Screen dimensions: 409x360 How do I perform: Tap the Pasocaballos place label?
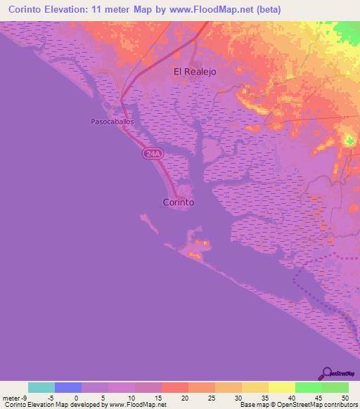point(111,121)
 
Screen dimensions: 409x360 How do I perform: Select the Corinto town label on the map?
point(178,202)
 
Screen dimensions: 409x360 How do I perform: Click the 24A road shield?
point(152,153)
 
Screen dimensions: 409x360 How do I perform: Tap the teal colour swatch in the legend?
point(41,387)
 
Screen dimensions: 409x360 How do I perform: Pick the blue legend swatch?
point(68,387)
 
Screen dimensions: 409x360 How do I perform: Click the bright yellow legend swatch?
point(282,387)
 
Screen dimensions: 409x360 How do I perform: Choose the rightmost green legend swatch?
point(335,387)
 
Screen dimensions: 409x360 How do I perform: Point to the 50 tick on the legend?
point(345,398)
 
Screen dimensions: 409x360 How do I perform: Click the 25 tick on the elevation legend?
point(211,398)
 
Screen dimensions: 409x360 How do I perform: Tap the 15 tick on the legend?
point(157,398)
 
